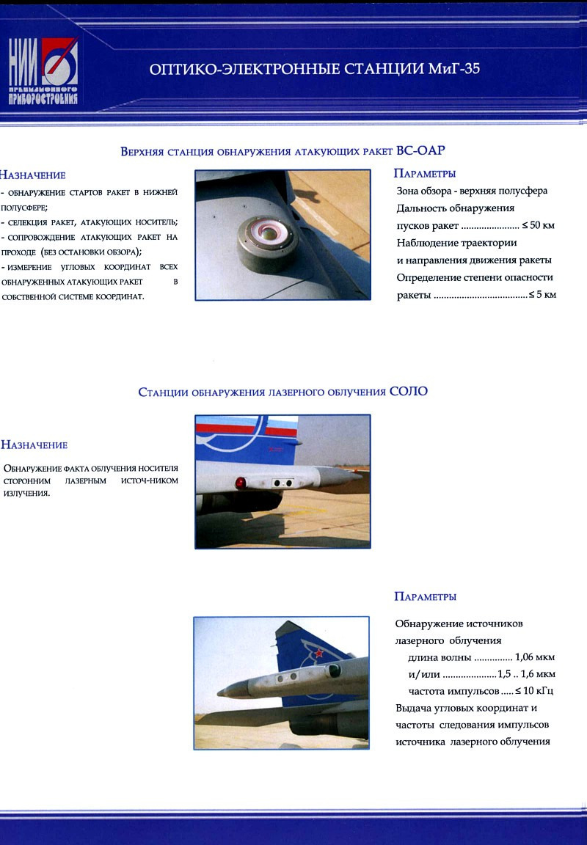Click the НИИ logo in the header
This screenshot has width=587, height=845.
[x=43, y=71]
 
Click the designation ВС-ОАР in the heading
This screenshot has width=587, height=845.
[x=420, y=151]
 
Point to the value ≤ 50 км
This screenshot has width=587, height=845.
[x=538, y=225]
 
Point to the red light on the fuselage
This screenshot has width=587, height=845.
[x=240, y=482]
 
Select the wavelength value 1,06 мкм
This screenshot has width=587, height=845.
[x=535, y=656]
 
